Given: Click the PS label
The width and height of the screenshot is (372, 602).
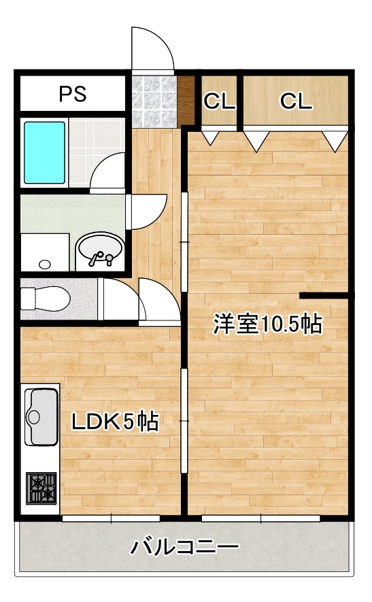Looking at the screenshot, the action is click(x=73, y=94).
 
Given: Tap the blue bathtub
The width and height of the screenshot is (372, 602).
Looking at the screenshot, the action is click(x=44, y=153).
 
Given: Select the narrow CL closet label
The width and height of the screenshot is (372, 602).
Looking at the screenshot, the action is click(x=219, y=101).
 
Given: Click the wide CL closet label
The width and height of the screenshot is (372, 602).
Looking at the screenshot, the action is click(x=296, y=101).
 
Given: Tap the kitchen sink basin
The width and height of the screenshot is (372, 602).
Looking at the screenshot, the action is click(x=42, y=416).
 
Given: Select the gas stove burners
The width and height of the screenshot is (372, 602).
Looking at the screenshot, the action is click(x=41, y=488).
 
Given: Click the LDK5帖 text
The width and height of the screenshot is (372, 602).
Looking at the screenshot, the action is click(x=115, y=421).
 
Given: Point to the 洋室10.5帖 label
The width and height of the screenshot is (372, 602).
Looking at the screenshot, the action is click(x=267, y=324).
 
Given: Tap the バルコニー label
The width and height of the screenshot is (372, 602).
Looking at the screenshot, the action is click(x=185, y=547).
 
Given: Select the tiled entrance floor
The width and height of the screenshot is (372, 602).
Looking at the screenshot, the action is click(x=154, y=101).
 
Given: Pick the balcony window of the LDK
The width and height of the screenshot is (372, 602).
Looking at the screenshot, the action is click(x=111, y=518).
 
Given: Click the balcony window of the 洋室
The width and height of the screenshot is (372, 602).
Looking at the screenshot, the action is click(x=260, y=518).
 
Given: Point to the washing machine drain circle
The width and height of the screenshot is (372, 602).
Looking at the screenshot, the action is click(x=45, y=264).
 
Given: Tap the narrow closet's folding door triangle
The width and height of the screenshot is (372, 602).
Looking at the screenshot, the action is click(x=210, y=137).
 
